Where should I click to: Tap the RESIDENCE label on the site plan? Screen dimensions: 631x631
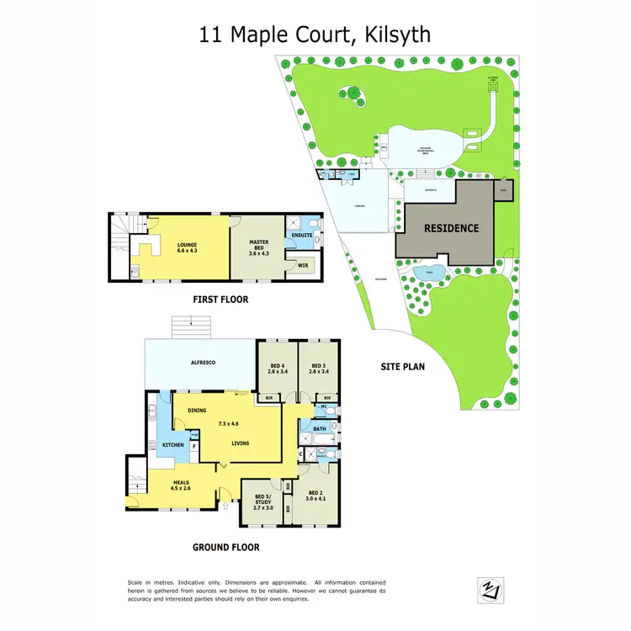tap(451, 228)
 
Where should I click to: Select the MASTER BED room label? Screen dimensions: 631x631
tap(258, 246)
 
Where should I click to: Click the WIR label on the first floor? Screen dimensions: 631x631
tap(303, 265)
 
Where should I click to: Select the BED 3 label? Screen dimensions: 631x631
tap(317, 367)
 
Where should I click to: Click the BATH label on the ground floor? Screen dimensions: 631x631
tap(319, 429)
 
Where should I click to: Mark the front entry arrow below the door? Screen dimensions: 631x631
tap(230, 506)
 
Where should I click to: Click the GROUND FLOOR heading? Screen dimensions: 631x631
tap(225, 547)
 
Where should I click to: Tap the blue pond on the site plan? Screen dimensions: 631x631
tap(430, 273)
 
